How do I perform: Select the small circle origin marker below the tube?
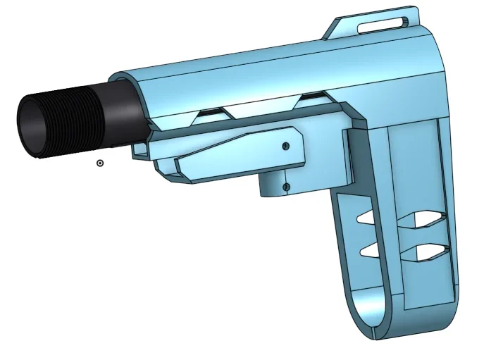[x=100, y=163]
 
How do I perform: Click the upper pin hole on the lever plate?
[x=285, y=146]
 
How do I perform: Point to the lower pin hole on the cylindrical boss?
[x=285, y=187]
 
